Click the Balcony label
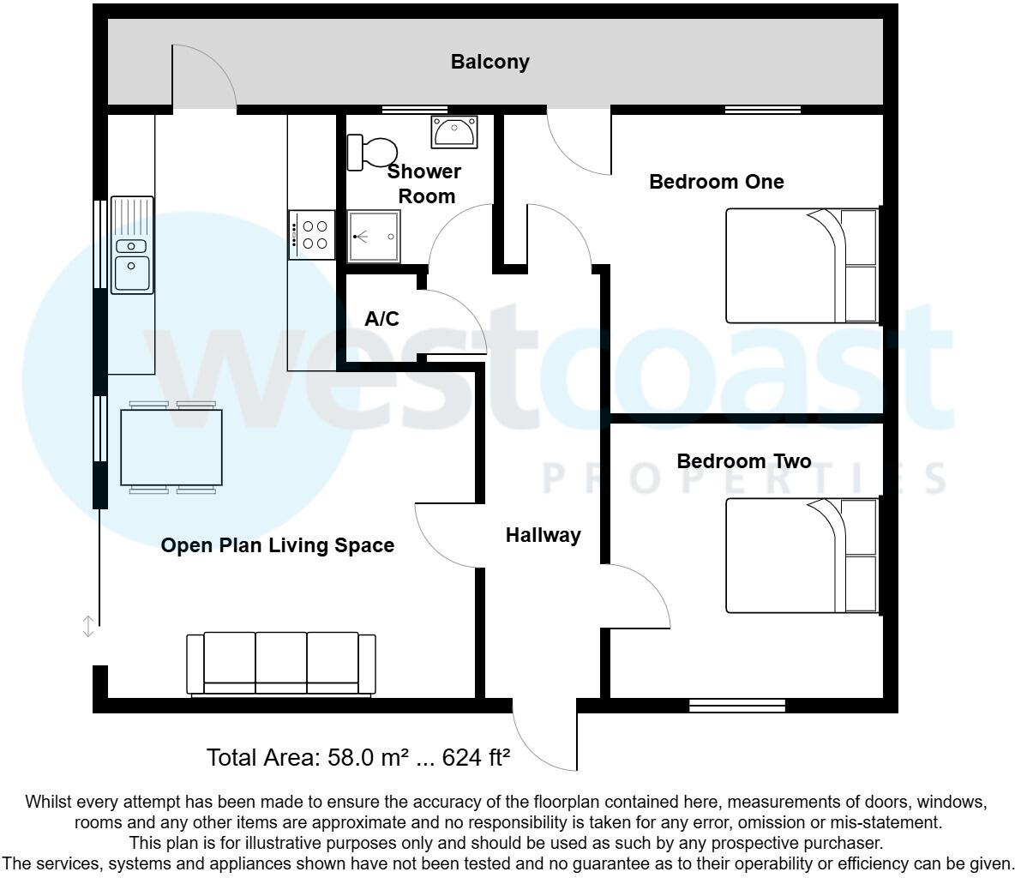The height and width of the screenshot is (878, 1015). (x=489, y=62)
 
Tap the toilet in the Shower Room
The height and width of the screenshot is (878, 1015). (x=369, y=153)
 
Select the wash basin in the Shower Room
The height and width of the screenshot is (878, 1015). (x=453, y=132)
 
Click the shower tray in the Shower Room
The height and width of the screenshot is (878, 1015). (x=373, y=237)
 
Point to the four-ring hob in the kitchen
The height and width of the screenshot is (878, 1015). (x=311, y=235)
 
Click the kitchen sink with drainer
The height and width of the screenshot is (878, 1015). (x=131, y=245)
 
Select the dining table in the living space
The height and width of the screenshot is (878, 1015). (x=171, y=448)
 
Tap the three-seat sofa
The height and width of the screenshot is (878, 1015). (x=281, y=664)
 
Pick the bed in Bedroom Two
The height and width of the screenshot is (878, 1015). (x=801, y=555)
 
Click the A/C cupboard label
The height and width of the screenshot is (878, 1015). (x=381, y=319)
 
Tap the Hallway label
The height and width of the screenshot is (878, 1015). (x=543, y=535)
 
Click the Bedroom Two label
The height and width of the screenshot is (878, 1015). (x=743, y=461)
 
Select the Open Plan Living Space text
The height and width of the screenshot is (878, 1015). (x=278, y=545)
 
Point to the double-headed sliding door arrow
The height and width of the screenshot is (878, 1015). (x=87, y=627)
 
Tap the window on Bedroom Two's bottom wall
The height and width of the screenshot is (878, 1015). (x=737, y=706)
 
